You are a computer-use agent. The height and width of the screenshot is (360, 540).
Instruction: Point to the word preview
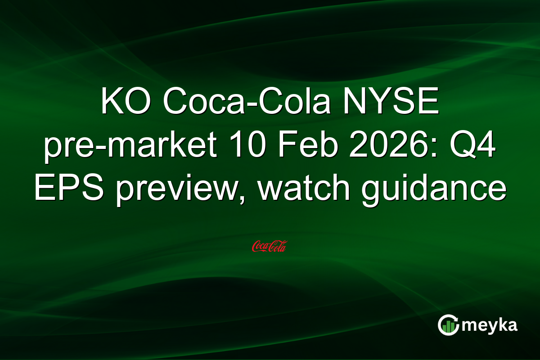173,189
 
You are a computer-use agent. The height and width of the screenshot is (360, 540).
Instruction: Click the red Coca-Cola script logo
270,246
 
